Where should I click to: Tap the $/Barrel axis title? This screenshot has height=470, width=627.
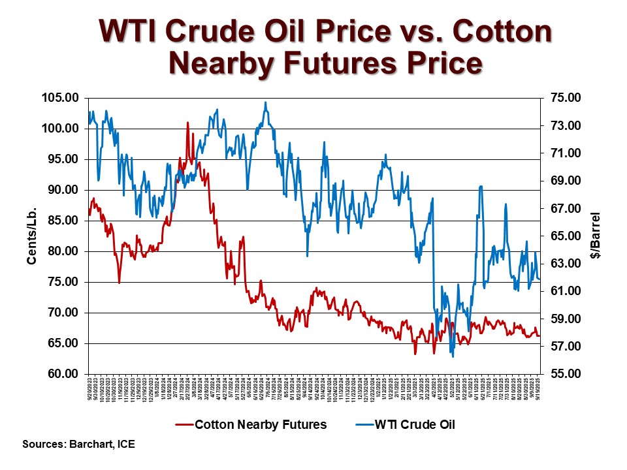click(x=595, y=236)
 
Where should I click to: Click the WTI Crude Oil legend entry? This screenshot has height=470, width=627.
click(x=415, y=425)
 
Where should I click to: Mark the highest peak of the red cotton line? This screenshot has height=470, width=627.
click(x=188, y=122)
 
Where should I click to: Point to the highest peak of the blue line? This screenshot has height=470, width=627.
click(x=265, y=102)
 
